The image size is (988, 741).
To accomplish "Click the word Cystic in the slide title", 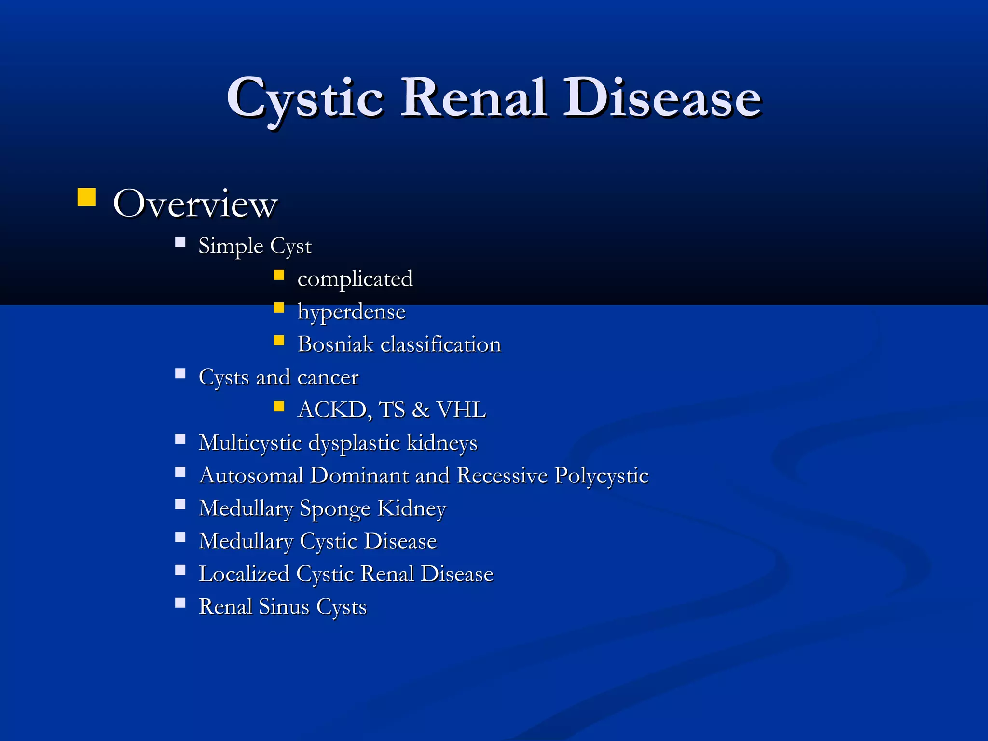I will (305, 99).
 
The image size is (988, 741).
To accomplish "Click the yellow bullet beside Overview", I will (86, 197).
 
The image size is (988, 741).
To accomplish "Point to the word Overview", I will (195, 204).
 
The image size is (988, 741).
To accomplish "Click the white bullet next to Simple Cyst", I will (180, 242).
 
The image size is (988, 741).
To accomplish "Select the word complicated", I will (355, 279).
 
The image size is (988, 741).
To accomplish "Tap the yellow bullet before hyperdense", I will (279, 308).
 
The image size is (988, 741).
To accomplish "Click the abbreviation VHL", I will (461, 410).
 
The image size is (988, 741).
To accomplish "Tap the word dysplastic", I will (354, 443).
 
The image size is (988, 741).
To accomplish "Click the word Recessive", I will (502, 476).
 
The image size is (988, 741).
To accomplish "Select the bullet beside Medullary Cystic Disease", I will (180, 537).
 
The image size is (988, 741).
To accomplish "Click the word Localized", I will (244, 574).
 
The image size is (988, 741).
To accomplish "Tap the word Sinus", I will (284, 607).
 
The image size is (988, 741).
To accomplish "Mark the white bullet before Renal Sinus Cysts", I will (180, 603).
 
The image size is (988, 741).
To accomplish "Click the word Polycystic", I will (601, 476).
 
